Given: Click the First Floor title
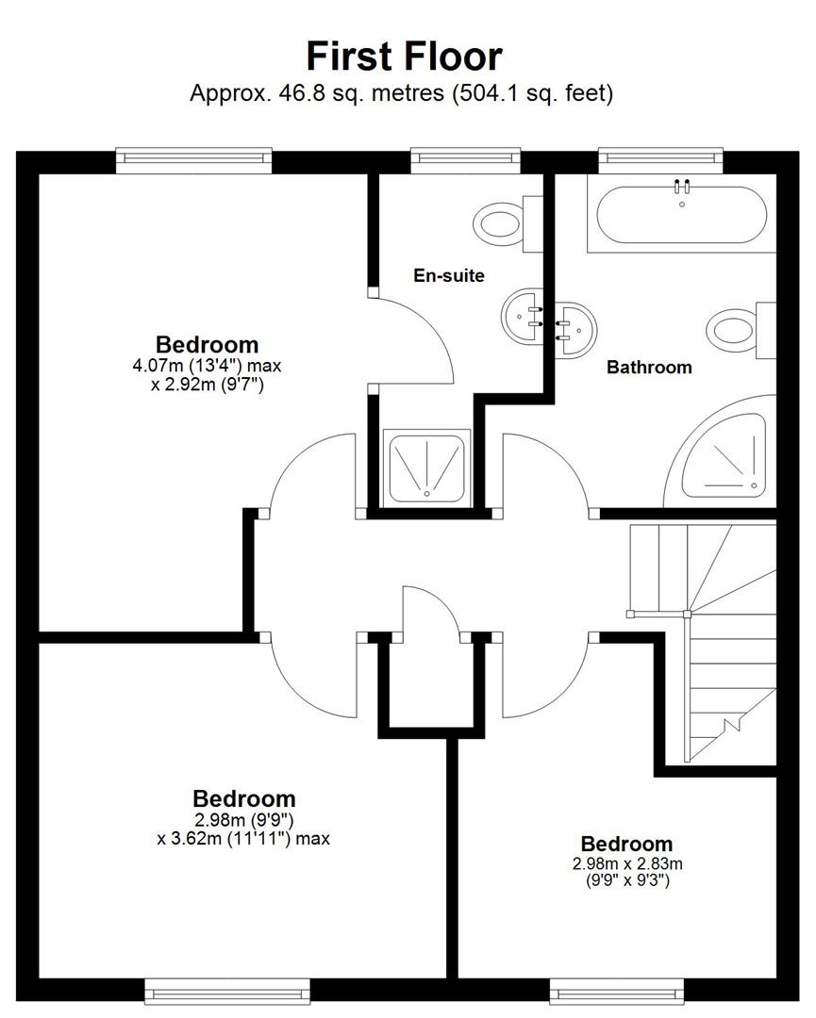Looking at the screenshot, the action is tap(404, 56).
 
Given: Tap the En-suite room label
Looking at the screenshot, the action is tap(449, 275).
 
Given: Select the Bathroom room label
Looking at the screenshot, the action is tap(649, 367).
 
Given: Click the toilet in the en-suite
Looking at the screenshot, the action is tap(508, 223).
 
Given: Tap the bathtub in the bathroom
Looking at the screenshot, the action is tap(681, 214).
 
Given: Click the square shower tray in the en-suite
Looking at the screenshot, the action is tap(426, 468).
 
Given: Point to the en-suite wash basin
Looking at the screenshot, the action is tap(523, 317).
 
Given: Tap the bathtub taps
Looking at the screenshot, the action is tap(681, 187).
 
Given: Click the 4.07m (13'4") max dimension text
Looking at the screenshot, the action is tap(208, 366).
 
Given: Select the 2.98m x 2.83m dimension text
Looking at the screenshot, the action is tap(627, 863).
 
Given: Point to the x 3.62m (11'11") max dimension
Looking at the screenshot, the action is tap(243, 838).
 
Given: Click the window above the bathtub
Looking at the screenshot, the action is tap(660, 160).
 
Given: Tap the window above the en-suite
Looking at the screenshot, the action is tap(466, 160).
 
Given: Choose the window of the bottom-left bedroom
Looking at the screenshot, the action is tap(227, 993).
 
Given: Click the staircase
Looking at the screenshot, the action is tap(703, 643).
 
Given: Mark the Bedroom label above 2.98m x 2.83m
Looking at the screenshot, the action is tap(626, 844).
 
